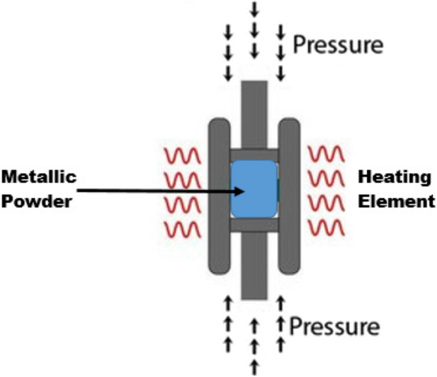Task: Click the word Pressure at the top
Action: tap(337, 45)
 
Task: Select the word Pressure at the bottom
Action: tap(335, 327)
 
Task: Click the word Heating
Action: tap(388, 177)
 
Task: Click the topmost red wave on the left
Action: tap(183, 155)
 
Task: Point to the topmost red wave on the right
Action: tap(327, 155)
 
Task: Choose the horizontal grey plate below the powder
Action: tap(254, 225)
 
